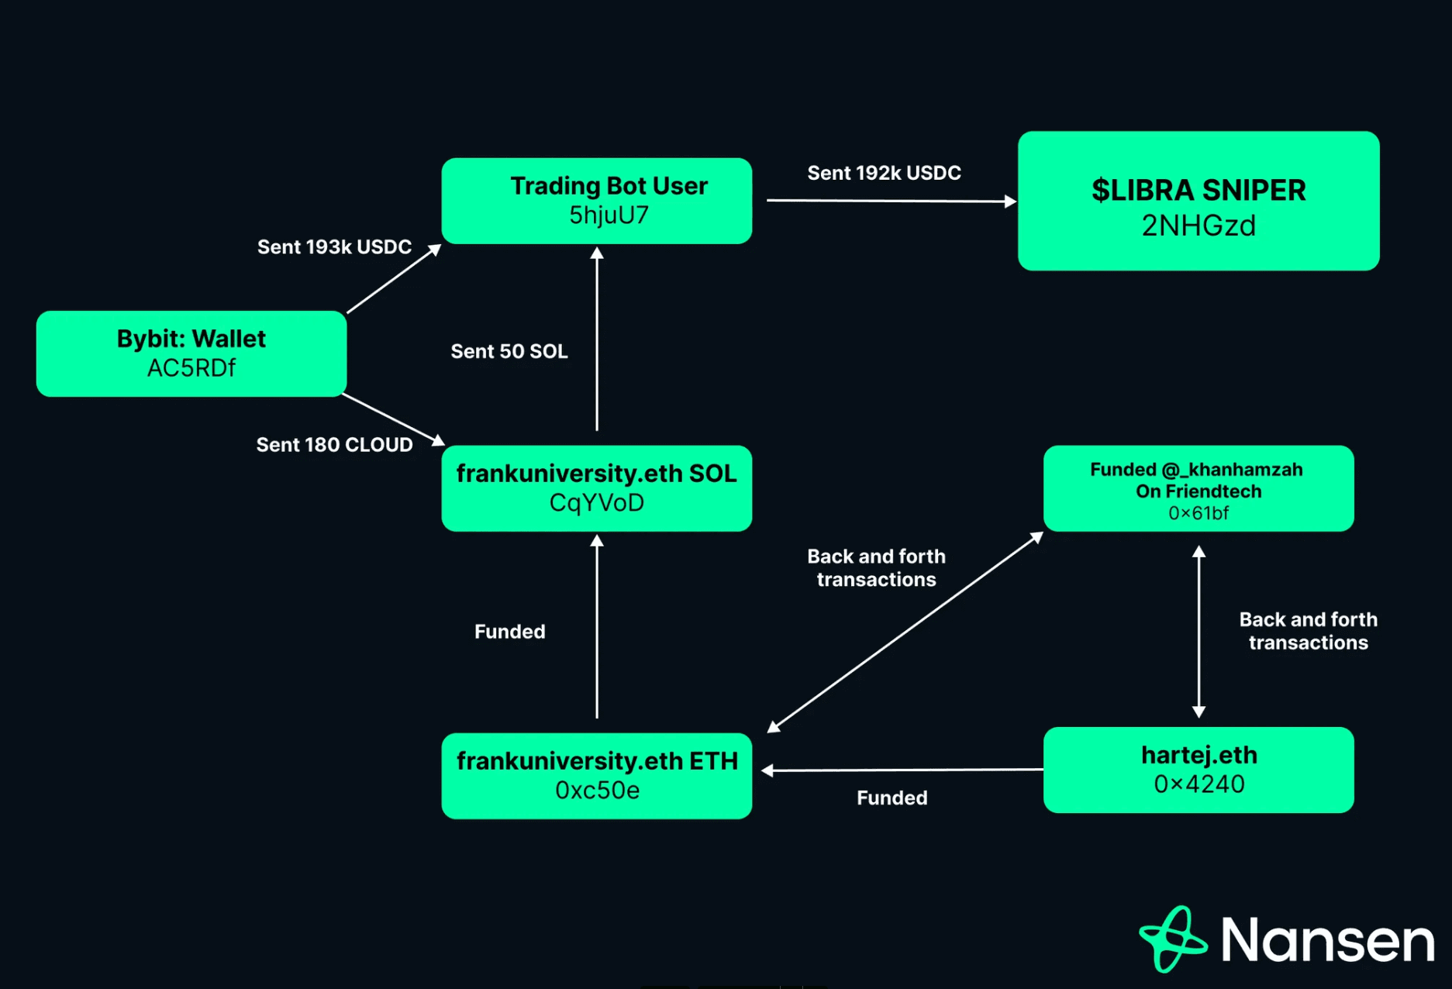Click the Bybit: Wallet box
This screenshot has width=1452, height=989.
click(191, 353)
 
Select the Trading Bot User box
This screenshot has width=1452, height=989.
click(596, 201)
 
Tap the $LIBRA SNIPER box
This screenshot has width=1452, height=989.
click(1198, 201)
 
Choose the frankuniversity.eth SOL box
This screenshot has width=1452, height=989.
click(596, 488)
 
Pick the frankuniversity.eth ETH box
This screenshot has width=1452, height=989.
click(596, 775)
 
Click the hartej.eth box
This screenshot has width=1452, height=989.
click(1198, 769)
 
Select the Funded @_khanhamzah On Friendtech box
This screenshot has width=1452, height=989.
click(1198, 488)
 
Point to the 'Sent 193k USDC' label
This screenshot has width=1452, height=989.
click(334, 247)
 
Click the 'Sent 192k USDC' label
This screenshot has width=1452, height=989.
click(884, 173)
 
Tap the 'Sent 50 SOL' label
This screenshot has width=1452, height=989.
click(509, 351)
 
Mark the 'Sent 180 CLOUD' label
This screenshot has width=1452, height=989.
click(334, 445)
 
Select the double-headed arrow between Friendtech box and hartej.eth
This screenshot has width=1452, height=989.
click(1199, 631)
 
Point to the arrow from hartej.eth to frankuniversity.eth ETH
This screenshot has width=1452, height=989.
click(902, 770)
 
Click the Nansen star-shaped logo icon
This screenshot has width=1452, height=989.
click(1172, 939)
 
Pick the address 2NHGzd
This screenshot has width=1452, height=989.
click(1198, 226)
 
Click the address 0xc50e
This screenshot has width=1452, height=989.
click(597, 791)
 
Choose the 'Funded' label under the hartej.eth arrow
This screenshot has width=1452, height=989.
click(892, 798)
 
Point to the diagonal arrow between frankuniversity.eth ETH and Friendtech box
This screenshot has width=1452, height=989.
click(905, 632)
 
